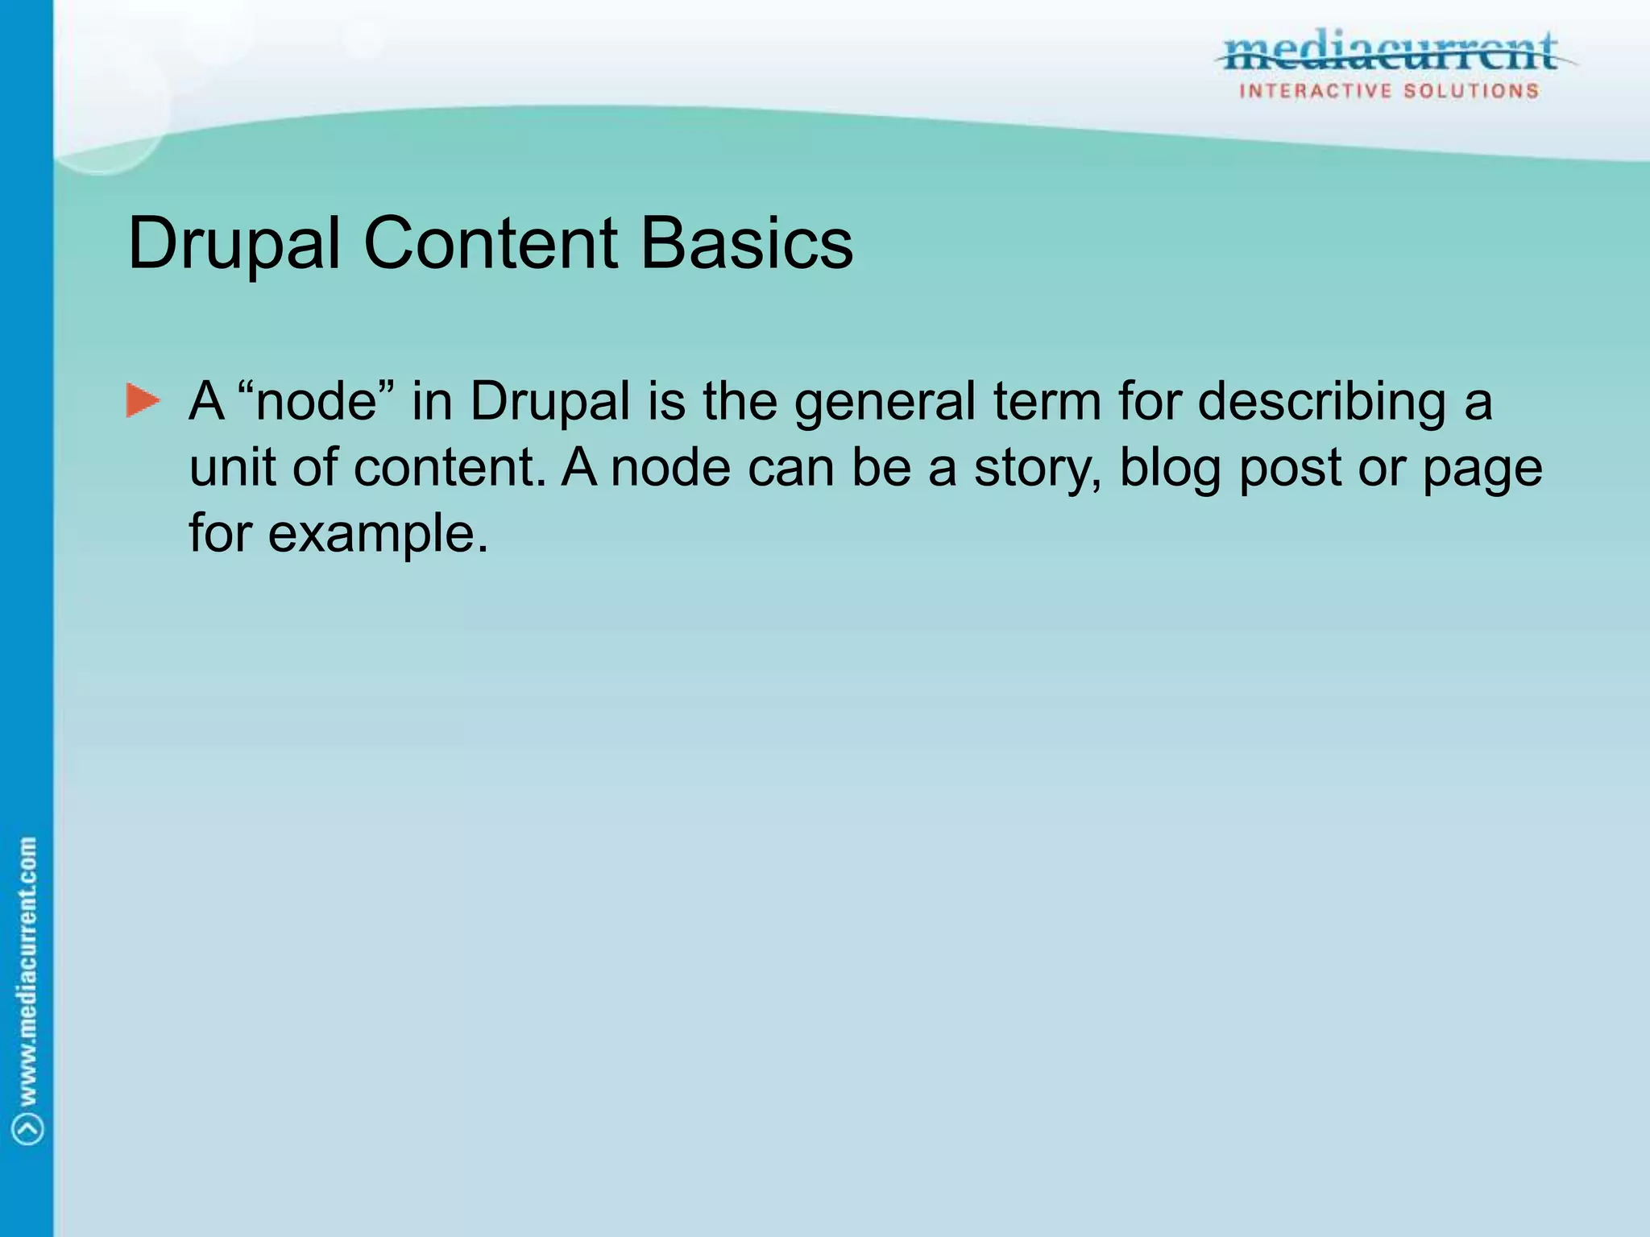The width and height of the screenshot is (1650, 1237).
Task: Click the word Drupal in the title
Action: [234, 243]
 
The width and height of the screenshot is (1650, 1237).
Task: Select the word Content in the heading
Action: [491, 243]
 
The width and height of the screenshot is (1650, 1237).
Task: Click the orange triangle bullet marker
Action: [143, 401]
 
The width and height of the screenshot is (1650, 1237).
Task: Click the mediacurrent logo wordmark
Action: [1391, 53]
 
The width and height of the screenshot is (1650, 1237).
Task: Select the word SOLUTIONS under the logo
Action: [1471, 91]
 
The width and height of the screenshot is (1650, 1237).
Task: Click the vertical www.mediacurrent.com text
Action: [27, 970]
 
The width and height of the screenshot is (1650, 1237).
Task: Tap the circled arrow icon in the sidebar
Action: [28, 1128]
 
